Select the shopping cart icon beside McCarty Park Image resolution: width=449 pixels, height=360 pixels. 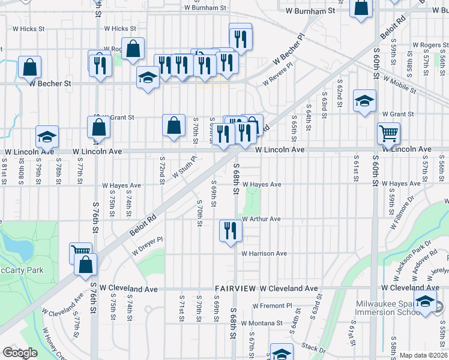tap(81, 253)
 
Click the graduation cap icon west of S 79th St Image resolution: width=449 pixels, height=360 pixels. tap(47, 137)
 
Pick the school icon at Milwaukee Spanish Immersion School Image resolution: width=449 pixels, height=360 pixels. tap(426, 302)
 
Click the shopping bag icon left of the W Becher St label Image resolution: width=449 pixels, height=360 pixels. tap(29, 67)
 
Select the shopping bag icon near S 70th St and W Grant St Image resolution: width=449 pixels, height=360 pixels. tap(173, 126)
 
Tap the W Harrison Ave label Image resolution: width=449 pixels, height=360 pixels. tap(264, 254)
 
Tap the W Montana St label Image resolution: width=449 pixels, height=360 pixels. tap(262, 323)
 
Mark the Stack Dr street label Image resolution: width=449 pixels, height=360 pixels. tap(312, 347)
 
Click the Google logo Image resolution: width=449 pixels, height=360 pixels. tap(20, 353)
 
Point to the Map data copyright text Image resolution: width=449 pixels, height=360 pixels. tap(422, 355)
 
